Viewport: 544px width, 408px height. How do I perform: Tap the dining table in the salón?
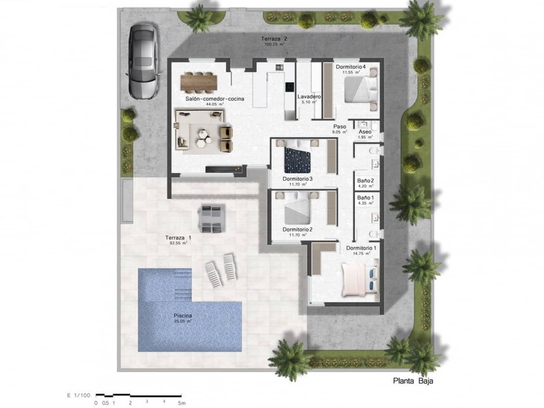click(x=198, y=82)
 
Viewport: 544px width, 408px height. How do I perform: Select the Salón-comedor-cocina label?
click(x=215, y=99)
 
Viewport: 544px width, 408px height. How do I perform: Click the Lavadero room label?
click(x=309, y=97)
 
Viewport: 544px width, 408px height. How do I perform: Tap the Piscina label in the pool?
click(x=183, y=316)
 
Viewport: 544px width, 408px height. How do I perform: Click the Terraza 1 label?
click(x=178, y=238)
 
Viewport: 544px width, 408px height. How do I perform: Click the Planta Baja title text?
click(x=412, y=381)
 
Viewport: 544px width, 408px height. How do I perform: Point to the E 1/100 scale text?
click(x=79, y=395)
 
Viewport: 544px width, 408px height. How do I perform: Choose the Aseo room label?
click(x=365, y=132)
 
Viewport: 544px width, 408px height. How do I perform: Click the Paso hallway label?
click(x=340, y=127)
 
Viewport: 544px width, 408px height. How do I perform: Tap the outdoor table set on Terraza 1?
click(x=211, y=218)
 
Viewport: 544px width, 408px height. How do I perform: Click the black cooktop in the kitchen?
click(x=289, y=87)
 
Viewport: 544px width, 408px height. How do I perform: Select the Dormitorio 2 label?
click(x=297, y=229)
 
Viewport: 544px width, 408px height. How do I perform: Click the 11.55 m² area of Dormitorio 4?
click(x=351, y=73)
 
